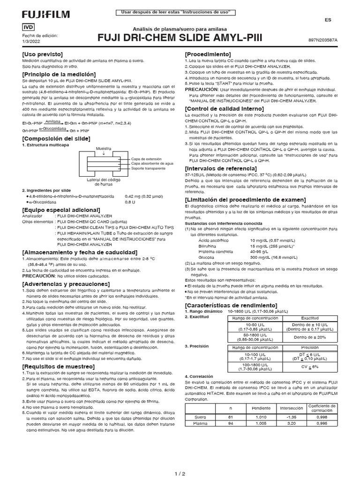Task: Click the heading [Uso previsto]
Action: [43, 55]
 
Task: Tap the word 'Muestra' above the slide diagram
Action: [104, 148]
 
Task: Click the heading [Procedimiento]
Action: [208, 55]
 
